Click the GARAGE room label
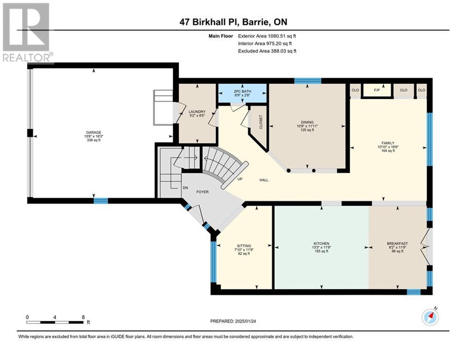pyautogui.click(x=94, y=132)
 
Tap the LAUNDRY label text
pyautogui.click(x=197, y=112)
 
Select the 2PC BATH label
pyautogui.click(x=243, y=91)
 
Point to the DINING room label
pyautogui.click(x=307, y=122)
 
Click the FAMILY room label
pyautogui.click(x=388, y=143)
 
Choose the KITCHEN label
pyautogui.click(x=321, y=244)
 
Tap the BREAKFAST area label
pyautogui.click(x=398, y=244)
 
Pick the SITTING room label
pyautogui.click(x=244, y=246)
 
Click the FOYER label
pyautogui.click(x=202, y=192)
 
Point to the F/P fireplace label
pyautogui.click(x=377, y=90)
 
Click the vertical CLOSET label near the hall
pyautogui.click(x=261, y=122)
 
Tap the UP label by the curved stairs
pyautogui.click(x=240, y=179)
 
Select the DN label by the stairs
pyautogui.click(x=185, y=188)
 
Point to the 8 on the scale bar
pyautogui.click(x=83, y=317)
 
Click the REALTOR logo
pyautogui.click(x=27, y=33)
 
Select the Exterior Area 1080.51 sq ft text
pyautogui.click(x=267, y=36)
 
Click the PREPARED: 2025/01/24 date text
pyautogui.click(x=233, y=321)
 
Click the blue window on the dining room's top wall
pyautogui.click(x=308, y=81)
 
